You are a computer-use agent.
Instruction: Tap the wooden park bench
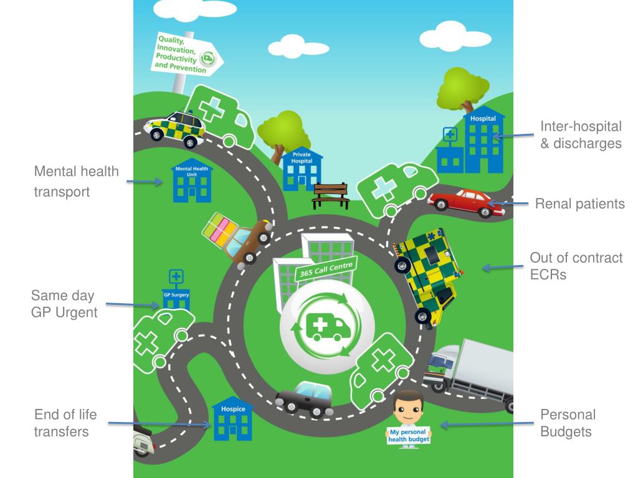point(331,194)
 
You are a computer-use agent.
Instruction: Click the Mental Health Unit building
point(192,183)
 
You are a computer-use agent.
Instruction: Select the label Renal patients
point(579,204)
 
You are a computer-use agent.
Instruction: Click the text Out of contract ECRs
point(576,266)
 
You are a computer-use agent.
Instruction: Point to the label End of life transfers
point(65,423)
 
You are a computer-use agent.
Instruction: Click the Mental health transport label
point(76,181)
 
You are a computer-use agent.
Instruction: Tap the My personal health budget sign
point(409,436)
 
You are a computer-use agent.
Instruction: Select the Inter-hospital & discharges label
point(581,134)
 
